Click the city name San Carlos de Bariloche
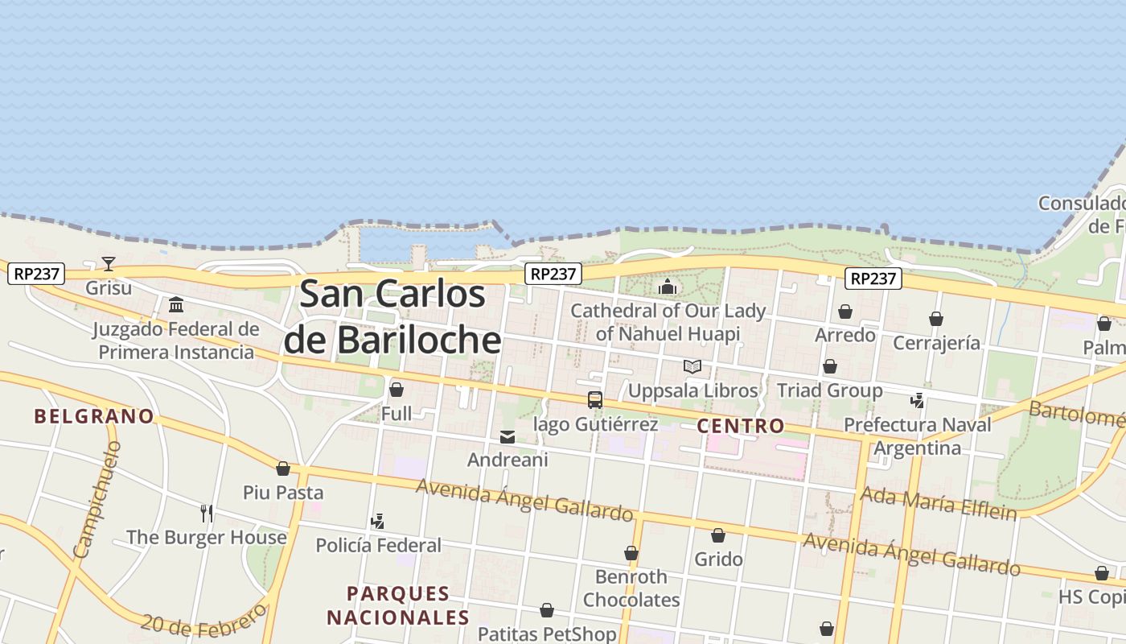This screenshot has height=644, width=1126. tap(392, 316)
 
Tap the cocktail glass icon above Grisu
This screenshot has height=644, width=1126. tap(109, 263)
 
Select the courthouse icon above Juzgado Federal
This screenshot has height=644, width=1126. tap(176, 304)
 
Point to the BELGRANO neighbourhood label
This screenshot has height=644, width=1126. tap(94, 416)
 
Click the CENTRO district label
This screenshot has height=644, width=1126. tap(740, 426)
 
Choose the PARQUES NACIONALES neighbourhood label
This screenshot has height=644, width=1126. tap(398, 605)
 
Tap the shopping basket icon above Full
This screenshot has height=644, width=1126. tap(396, 390)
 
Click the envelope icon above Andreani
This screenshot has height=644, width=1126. tap(508, 437)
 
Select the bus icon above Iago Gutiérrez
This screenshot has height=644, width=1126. tap(595, 400)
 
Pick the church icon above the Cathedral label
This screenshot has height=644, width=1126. tap(668, 287)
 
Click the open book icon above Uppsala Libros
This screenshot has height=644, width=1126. tap(692, 367)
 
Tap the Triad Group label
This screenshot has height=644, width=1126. tap(829, 390)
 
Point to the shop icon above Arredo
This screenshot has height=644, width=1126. tap(845, 312)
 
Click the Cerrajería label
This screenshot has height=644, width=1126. tap(936, 343)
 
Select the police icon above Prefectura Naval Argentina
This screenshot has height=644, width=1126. tap(917, 400)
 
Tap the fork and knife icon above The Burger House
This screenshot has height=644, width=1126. tap(207, 513)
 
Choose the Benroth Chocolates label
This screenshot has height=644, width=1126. tap(631, 588)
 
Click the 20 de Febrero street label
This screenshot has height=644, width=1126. tap(204, 619)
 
